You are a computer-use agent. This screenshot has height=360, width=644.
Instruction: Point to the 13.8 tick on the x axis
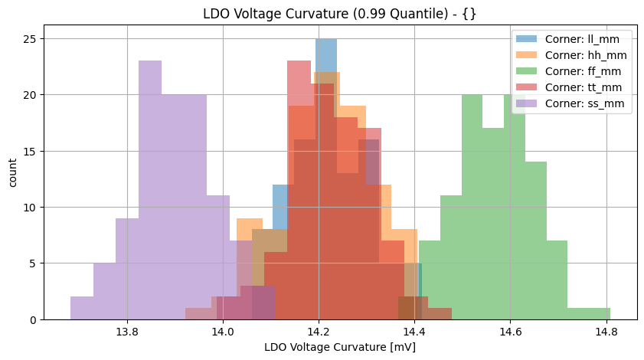[x=127, y=332]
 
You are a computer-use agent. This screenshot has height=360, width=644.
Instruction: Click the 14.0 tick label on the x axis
[x=223, y=332]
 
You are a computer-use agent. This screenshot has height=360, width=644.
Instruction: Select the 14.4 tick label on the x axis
[x=414, y=332]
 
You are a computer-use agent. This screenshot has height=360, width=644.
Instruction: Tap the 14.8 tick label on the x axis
[x=606, y=332]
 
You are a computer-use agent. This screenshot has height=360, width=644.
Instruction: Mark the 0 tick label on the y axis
[x=31, y=319]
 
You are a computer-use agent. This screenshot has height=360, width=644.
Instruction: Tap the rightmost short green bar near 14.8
[x=589, y=313]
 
